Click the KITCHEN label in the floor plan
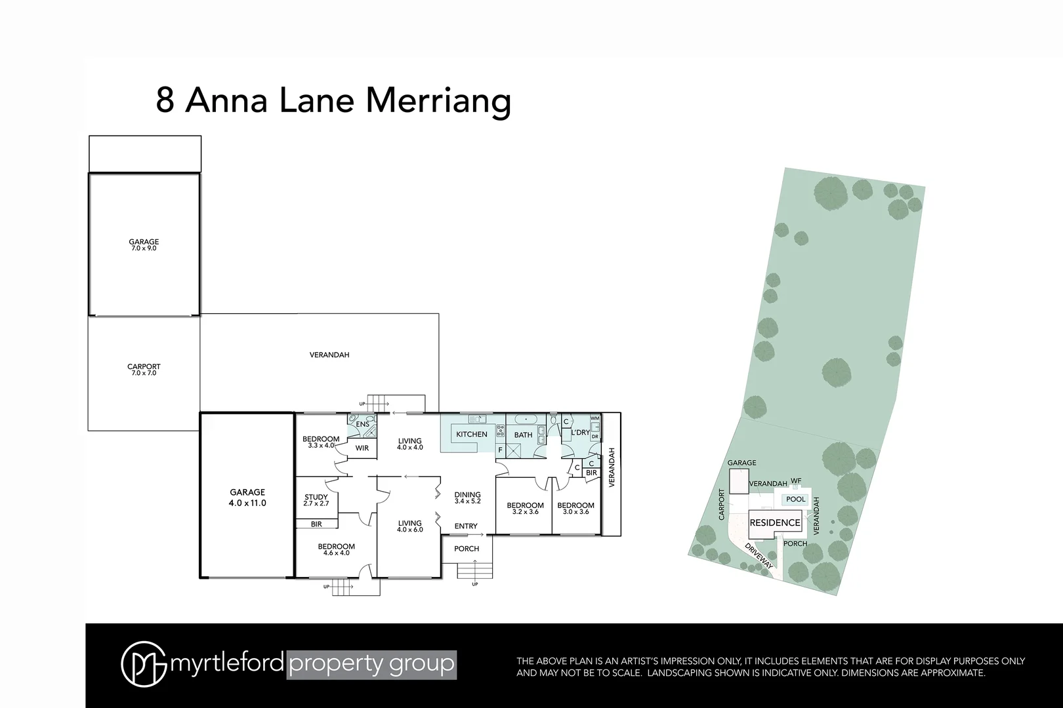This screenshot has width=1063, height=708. (x=472, y=435)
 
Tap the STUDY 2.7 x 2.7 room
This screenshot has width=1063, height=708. (x=316, y=500)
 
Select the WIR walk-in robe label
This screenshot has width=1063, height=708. (x=362, y=448)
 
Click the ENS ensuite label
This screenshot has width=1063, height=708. (x=362, y=424)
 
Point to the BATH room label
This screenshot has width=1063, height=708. (x=523, y=435)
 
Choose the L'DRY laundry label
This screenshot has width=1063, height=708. (x=580, y=433)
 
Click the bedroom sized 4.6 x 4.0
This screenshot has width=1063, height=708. (x=336, y=549)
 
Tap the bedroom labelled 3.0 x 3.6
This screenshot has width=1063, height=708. (x=575, y=508)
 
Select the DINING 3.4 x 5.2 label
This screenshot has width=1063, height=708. (x=468, y=498)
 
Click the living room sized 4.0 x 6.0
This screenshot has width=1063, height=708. (x=409, y=526)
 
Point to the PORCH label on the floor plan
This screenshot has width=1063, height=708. (x=467, y=549)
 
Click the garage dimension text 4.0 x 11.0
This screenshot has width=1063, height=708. (x=247, y=503)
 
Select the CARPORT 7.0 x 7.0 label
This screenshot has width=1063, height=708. (x=144, y=370)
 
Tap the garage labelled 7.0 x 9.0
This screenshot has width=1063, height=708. (x=144, y=245)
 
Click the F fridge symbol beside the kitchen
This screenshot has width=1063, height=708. (x=500, y=450)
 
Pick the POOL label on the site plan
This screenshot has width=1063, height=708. (x=795, y=500)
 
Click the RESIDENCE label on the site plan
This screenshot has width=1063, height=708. (x=775, y=522)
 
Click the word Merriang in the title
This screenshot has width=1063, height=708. (x=438, y=101)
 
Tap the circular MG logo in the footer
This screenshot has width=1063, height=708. (x=143, y=665)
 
